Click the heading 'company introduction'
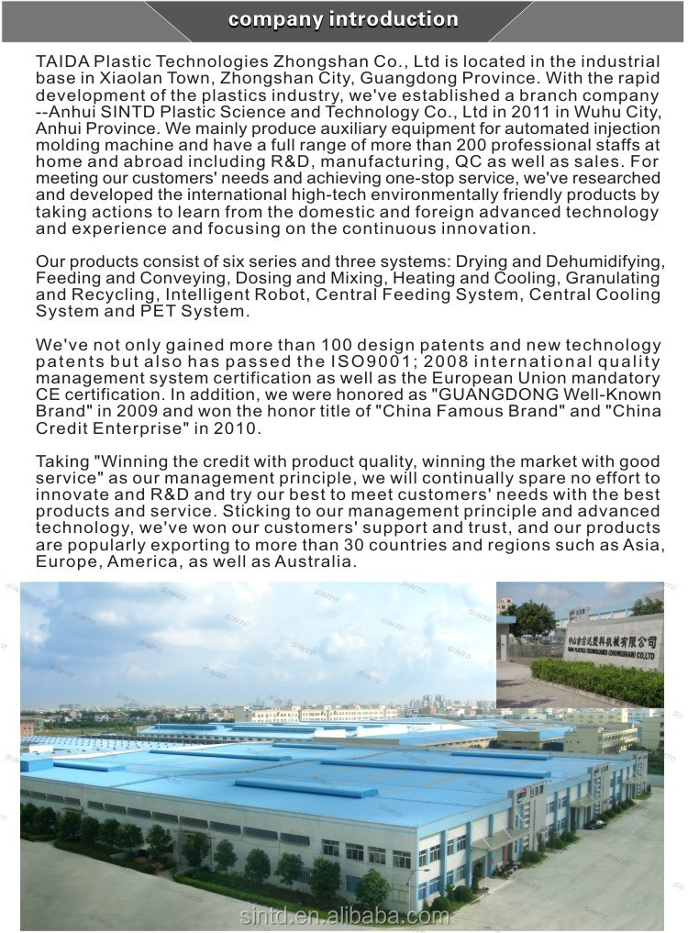pyautogui.click(x=343, y=19)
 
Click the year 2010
pyautogui.click(x=234, y=428)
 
